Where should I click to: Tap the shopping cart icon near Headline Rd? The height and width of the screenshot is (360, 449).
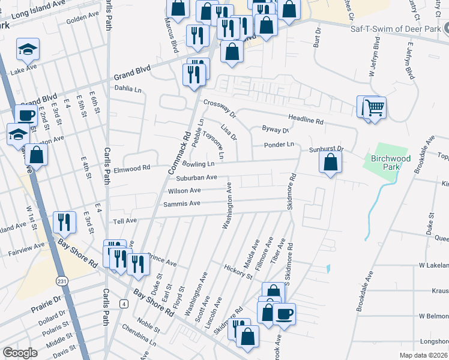tap(375, 109)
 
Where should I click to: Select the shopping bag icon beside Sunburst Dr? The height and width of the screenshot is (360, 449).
tap(330, 162)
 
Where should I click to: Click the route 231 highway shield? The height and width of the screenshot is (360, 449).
tap(62, 280)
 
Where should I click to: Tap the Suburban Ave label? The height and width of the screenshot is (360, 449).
tap(196, 178)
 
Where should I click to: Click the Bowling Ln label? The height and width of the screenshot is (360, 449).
tap(198, 164)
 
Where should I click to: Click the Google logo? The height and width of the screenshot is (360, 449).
tap(20, 353)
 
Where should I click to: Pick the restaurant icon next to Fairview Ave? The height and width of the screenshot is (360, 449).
tap(64, 222)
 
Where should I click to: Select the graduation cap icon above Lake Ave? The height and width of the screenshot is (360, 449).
tap(28, 50)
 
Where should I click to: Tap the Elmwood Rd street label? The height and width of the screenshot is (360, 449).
tap(131, 169)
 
